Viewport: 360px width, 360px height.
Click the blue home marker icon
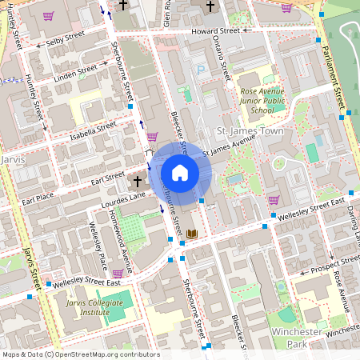[x=179, y=173]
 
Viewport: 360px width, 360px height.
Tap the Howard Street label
[x=215, y=30]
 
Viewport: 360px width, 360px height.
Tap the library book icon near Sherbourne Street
[x=192, y=234]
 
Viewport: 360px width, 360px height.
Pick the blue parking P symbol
[x=201, y=70]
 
